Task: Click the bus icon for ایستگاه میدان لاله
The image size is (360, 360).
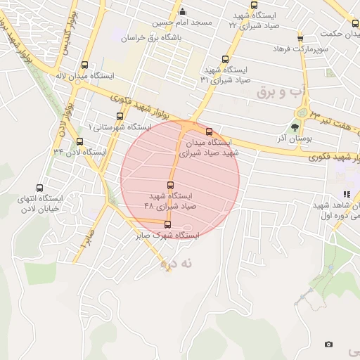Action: click(x=85, y=64)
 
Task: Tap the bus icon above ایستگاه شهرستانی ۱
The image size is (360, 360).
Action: click(x=119, y=117)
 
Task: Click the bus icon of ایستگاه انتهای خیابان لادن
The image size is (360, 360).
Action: click(x=39, y=188)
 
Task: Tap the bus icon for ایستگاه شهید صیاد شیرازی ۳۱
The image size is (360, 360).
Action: click(x=225, y=60)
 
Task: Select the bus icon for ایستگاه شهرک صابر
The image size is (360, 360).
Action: click(x=167, y=226)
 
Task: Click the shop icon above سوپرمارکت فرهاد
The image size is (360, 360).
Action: click(x=300, y=38)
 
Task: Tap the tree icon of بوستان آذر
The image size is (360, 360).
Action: click(x=295, y=128)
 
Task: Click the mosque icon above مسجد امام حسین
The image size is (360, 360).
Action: click(x=183, y=11)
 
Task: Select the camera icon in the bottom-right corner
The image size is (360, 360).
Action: click(x=328, y=344)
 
